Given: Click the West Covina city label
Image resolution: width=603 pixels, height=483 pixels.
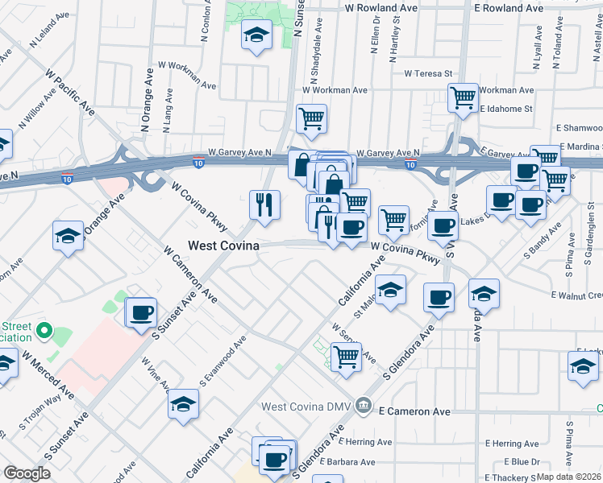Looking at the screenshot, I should [223, 246].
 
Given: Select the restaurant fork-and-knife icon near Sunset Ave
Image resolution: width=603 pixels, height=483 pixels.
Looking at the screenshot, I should [264, 205].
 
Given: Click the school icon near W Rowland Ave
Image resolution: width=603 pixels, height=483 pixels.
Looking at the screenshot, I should [256, 35].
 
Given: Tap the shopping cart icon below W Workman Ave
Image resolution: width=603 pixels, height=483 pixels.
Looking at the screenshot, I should [311, 119].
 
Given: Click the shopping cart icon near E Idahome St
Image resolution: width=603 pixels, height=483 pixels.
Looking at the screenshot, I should [463, 97].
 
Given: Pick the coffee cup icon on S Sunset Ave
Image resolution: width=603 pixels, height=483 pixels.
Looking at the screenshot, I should [142, 312].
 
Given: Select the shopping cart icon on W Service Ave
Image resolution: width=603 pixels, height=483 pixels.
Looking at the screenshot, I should [346, 355].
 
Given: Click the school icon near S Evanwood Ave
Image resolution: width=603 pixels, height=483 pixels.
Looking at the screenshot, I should [184, 402].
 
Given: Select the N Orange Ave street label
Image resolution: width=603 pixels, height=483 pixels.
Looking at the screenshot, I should [148, 103].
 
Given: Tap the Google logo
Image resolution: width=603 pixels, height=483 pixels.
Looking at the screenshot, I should [27, 473].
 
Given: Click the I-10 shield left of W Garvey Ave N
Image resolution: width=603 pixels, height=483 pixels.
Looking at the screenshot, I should [198, 163].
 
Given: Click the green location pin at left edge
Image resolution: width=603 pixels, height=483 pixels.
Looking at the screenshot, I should [45, 331].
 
